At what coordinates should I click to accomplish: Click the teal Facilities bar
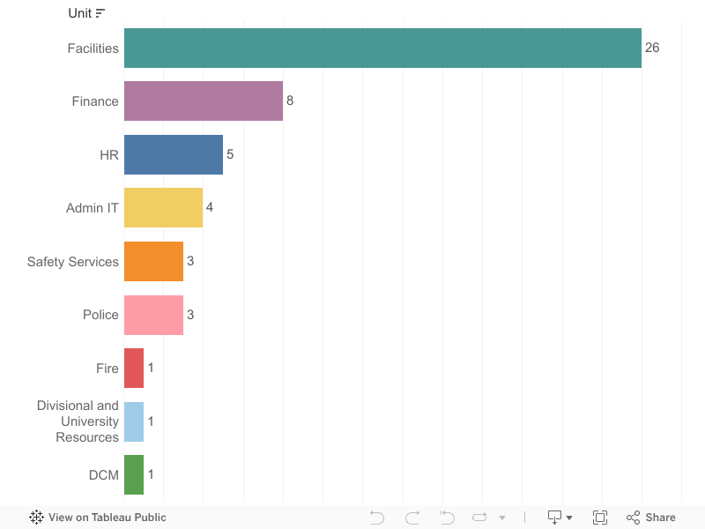382,48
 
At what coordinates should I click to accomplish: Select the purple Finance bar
203,101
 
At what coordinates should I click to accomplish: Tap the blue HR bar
173,154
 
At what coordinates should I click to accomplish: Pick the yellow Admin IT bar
163,208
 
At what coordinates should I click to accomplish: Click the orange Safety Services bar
153,261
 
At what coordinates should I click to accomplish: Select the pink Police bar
153,315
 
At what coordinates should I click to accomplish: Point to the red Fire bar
134,368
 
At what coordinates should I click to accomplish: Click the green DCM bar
134,474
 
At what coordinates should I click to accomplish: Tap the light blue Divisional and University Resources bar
134,421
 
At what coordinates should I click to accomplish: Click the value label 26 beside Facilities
652,48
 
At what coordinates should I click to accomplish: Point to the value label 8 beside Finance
290,101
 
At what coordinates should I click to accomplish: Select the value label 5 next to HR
230,154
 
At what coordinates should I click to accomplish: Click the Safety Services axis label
73,262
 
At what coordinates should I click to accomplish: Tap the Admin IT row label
93,208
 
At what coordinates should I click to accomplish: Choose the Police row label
100,315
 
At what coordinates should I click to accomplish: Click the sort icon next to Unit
100,13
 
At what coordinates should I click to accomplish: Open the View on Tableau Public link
98,518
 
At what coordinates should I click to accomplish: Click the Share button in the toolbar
651,518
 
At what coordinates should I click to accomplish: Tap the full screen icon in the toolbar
600,518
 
